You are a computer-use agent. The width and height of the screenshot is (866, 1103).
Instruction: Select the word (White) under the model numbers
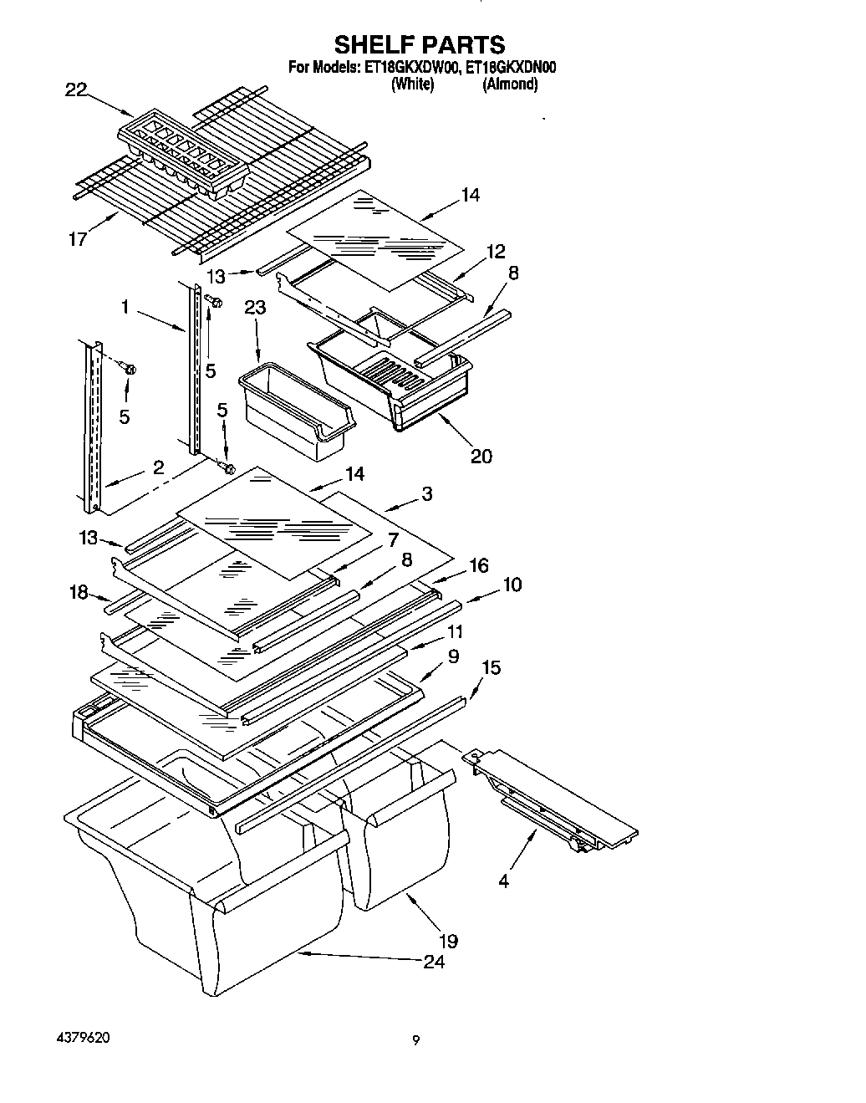412,84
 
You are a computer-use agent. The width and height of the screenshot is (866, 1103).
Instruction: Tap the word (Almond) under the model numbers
509,84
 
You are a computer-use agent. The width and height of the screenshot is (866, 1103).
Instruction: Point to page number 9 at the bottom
415,1041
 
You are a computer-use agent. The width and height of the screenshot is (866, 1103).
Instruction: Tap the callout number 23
255,309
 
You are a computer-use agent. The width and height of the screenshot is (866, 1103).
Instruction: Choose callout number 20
481,456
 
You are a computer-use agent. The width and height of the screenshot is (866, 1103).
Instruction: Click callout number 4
503,881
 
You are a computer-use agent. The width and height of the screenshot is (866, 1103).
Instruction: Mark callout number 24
434,961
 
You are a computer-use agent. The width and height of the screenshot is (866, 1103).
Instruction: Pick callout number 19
448,941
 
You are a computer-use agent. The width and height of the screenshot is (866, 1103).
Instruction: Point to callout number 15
492,667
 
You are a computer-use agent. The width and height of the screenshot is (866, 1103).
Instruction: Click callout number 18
79,592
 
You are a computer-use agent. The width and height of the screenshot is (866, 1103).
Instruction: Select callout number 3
426,494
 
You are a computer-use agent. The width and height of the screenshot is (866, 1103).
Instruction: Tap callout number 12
496,251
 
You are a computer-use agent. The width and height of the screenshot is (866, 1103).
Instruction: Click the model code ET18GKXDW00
411,69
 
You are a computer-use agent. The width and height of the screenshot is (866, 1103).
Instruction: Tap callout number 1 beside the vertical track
125,308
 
